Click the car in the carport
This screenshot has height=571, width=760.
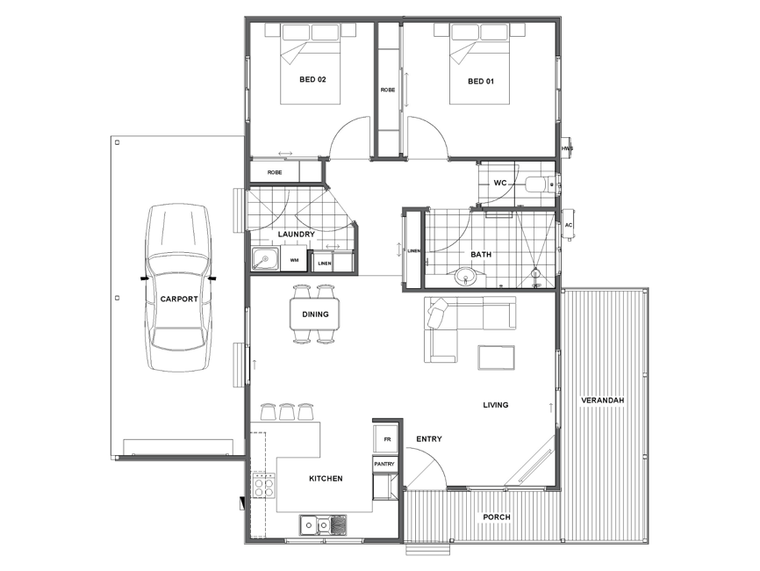pos(179,288)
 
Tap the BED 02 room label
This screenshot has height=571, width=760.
pos(312,80)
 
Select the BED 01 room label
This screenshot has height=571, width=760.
pos(481,82)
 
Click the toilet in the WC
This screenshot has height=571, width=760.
pos(541,184)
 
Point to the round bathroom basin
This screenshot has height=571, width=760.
pos(466,277)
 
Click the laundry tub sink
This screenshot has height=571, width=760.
pos(265,259)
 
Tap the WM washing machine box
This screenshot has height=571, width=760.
pos(294,260)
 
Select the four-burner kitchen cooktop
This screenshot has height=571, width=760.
pos(263,486)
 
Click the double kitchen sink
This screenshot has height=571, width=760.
pos(324,525)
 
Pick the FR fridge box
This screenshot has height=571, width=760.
pos(386,439)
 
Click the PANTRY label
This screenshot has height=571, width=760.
pos(384,465)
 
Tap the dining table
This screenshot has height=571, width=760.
pos(315,314)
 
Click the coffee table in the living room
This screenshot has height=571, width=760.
pos(497,358)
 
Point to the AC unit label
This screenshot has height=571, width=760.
pos(569,225)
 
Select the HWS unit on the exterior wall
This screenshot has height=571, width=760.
pos(566,148)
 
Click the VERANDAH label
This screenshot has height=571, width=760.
pos(603,401)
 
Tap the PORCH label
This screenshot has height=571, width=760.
pos(497,517)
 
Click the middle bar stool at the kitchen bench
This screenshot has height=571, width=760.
pos(286,411)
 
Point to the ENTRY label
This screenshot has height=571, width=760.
pos(429,439)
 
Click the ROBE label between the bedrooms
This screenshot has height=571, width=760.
pos(388,90)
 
